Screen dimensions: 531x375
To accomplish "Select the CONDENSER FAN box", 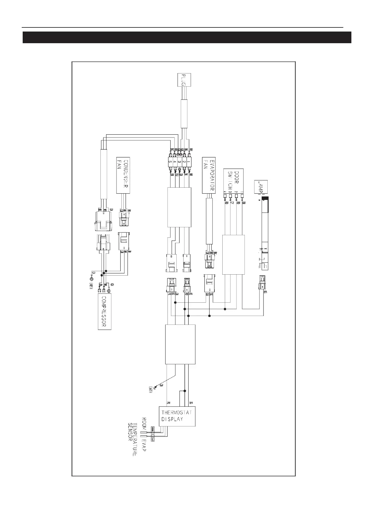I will [123, 175].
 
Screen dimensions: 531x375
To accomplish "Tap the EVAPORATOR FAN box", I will [208, 175].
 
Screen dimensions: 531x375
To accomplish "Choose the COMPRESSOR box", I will [105, 312].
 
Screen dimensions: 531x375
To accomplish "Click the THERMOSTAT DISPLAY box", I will [177, 416].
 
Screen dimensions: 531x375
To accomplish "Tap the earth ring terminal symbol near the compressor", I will [92, 279].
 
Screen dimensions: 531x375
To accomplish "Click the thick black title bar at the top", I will [187, 37].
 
